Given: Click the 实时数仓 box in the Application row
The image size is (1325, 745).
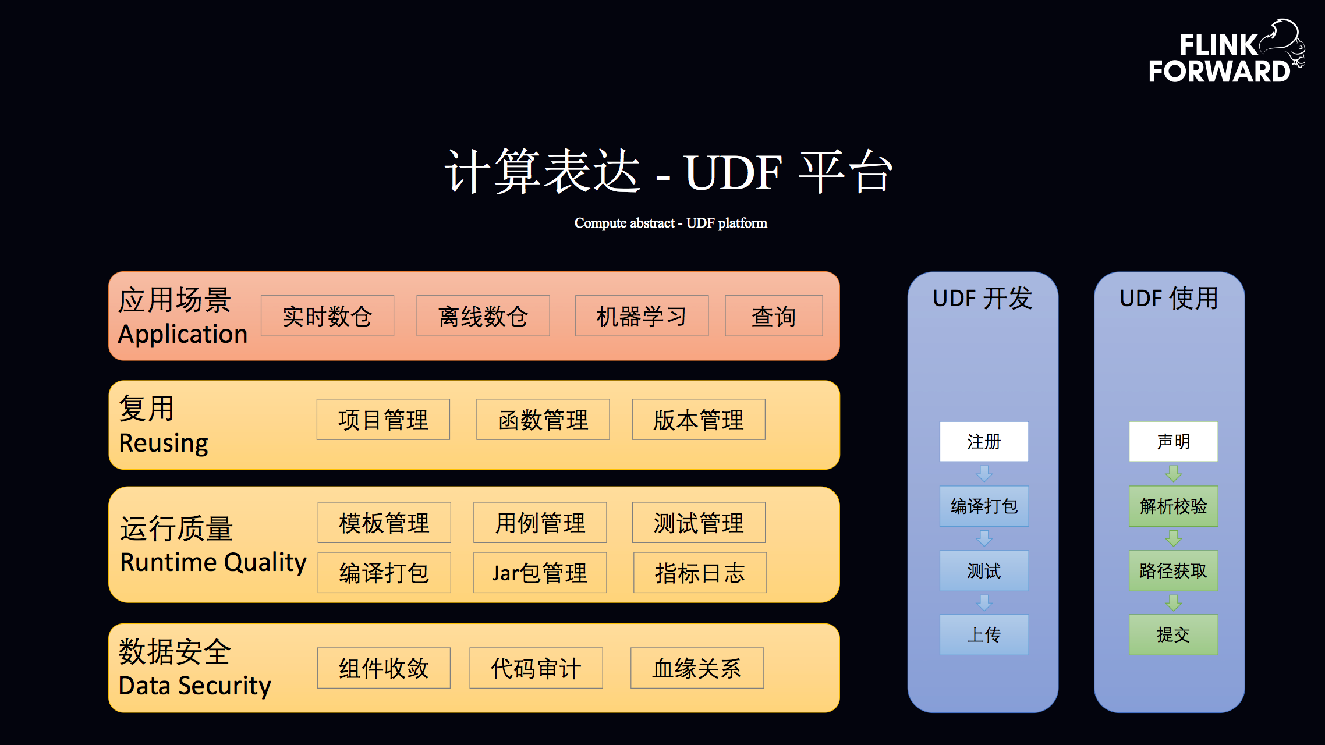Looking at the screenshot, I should coord(327,316).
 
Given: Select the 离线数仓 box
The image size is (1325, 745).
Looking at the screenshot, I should coord(483,316).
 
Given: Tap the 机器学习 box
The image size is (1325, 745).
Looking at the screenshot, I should coord(642,316).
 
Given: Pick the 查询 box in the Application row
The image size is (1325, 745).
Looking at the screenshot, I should coord(774,316).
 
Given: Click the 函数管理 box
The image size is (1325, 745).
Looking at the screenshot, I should coord(543,420).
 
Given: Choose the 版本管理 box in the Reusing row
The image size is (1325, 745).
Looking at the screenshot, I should coord(699,420).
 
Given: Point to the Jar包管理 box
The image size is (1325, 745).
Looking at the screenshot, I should coord(540,573).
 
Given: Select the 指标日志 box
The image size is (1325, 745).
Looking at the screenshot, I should coord(700,573).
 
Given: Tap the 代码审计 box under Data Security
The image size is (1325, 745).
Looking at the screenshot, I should coord(536,668).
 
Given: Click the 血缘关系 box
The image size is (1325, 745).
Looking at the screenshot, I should coord(697,668).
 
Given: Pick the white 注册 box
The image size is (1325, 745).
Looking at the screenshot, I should coord(984,442).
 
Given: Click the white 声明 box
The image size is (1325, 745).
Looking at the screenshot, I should coord(1173,442).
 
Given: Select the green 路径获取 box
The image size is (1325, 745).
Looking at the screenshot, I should coord(1173,571).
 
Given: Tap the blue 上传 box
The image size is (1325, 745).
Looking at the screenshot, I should coord(984,635).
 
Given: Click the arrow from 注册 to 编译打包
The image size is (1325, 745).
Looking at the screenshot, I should coord(984,474).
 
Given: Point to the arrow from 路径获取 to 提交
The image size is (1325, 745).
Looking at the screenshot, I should coord(1173,603).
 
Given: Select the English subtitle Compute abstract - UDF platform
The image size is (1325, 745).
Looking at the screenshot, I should coord(671,223).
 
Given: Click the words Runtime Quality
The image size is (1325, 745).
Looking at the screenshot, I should coord(213,562).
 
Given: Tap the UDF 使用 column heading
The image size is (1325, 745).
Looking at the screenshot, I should coord(1169,299).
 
